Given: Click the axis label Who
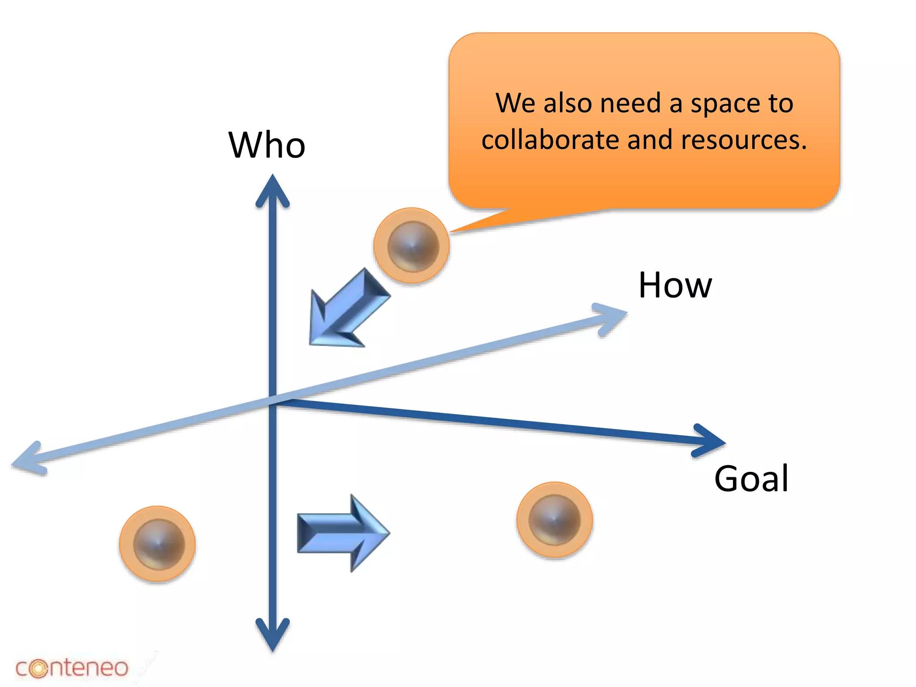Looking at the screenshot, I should pos(267,145).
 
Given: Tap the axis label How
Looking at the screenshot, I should pos(675,285).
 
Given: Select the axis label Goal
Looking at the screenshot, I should pos(751,479).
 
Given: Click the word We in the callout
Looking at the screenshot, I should pos(515,103).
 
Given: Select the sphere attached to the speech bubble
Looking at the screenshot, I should pos(412,246).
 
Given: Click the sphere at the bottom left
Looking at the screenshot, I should pos(157,544).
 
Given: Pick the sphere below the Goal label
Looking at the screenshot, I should pos(555,520).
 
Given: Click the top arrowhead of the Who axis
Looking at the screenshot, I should pos(272,188).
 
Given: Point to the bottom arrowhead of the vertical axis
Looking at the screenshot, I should pos(272,637).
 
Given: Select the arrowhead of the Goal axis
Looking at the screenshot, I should pos(711,441).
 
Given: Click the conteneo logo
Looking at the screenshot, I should pos(72,668).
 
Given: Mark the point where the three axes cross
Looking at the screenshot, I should pos(272,399).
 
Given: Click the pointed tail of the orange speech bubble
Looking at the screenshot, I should pos(465,227).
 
